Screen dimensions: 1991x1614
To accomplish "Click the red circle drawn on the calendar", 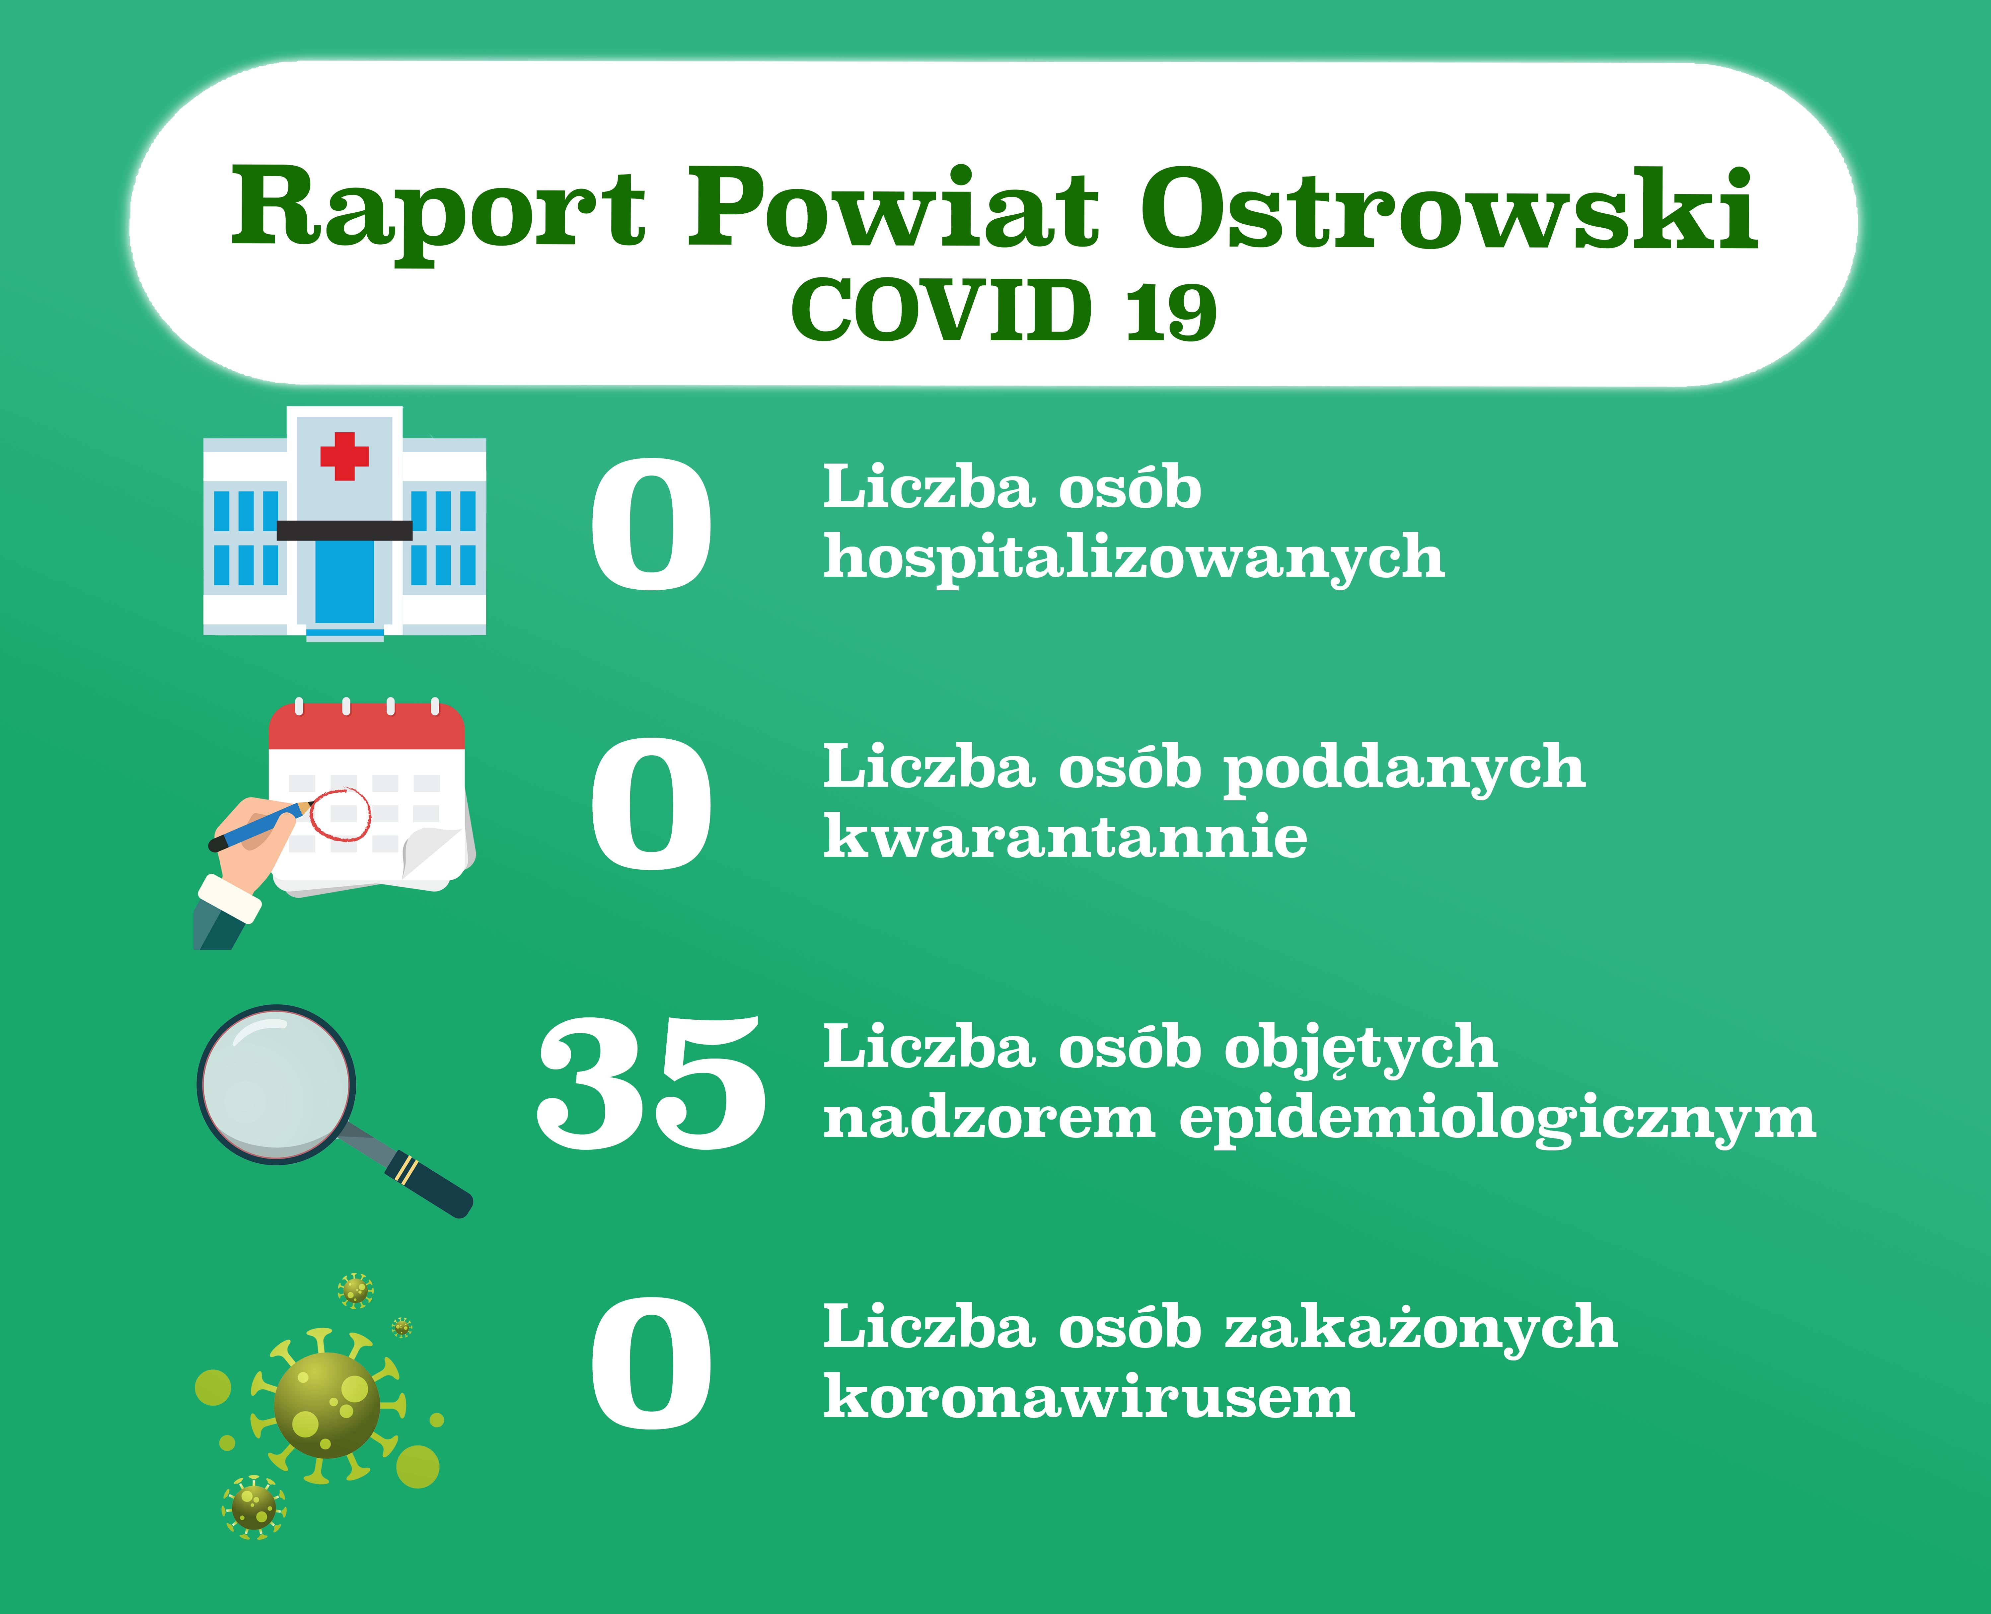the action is coord(340,814).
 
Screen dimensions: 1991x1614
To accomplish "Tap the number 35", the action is coord(652,1083).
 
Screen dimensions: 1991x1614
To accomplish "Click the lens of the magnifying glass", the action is coord(276,1084).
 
